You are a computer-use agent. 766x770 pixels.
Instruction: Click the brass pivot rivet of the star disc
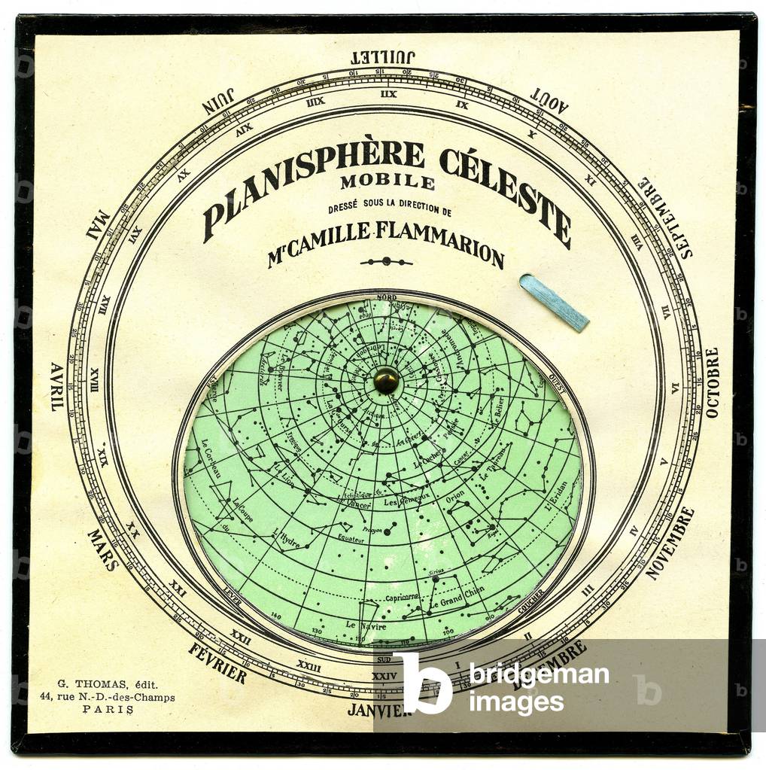tap(386, 380)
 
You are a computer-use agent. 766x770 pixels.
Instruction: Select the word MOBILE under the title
tap(387, 181)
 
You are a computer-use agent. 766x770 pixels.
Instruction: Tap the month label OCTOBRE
tap(712, 382)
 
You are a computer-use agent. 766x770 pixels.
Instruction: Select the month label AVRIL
tap(57, 386)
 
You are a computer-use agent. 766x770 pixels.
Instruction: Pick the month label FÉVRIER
tap(217, 662)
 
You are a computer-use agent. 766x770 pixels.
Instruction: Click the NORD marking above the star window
tap(387, 297)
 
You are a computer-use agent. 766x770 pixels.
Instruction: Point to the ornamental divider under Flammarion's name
tap(386, 261)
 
